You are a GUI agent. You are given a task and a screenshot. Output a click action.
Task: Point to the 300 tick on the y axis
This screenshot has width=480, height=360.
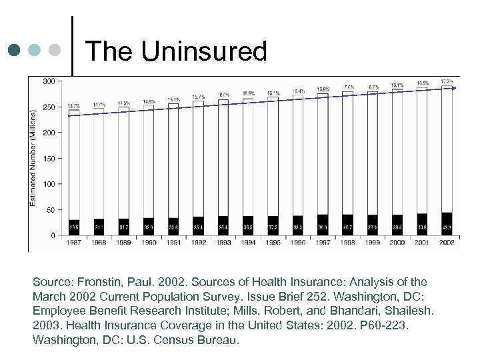coord(49,81)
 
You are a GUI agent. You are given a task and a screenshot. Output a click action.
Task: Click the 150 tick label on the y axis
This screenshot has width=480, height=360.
coord(49,159)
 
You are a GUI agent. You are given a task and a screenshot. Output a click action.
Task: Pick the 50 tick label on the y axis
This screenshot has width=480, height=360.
coord(51,210)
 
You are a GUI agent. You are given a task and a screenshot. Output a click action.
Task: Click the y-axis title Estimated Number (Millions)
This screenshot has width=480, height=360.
coord(33,158)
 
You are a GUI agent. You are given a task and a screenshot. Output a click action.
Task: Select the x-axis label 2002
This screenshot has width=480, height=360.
coord(447,243)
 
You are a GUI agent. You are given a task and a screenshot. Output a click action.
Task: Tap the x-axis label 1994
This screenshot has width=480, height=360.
coord(248,243)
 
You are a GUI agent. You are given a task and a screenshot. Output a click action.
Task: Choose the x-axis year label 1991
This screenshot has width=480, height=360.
coord(173,243)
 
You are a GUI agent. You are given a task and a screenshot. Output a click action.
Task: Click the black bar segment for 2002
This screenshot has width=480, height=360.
coord(447,224)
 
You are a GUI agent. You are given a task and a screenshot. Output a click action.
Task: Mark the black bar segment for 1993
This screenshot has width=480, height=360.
coord(223,225)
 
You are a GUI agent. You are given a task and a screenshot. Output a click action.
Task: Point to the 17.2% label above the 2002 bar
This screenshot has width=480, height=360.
coord(447,81)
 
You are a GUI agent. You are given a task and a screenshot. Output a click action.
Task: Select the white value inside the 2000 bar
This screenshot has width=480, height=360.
coord(397,227)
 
